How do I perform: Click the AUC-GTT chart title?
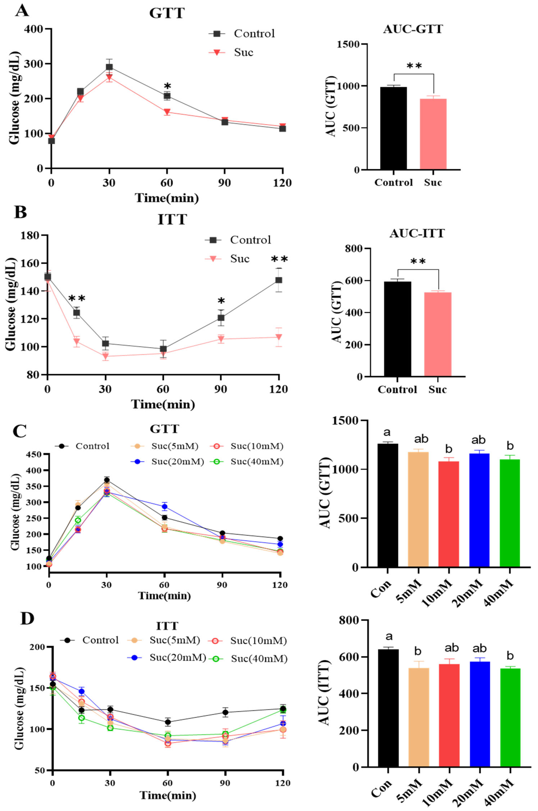click(x=413, y=29)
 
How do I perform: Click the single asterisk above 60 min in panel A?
click(x=167, y=86)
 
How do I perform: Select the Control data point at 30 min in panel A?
click(x=109, y=67)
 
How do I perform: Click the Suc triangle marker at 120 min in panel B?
click(x=279, y=337)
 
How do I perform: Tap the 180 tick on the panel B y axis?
click(x=31, y=235)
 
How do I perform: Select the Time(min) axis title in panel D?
click(x=168, y=795)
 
